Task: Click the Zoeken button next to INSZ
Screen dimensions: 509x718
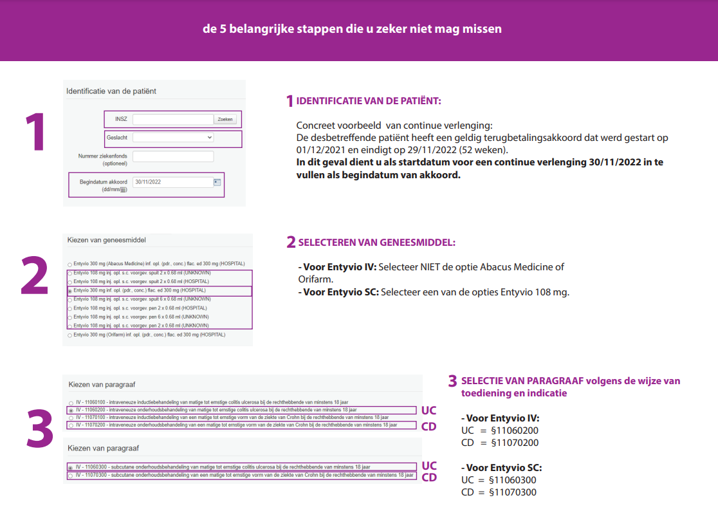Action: pos(225,119)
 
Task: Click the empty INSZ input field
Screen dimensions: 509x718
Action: pos(172,119)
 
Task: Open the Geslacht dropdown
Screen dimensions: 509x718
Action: pos(173,138)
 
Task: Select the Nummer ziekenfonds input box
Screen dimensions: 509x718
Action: pos(172,156)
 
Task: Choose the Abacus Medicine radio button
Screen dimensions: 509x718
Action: pos(70,264)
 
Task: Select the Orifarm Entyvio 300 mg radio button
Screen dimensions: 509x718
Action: pos(70,335)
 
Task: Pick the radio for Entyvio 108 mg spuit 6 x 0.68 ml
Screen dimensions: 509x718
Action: pos(70,300)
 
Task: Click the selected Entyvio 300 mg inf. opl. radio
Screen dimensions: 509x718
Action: pos(70,291)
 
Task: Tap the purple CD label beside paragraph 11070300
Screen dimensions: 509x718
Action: pos(428,477)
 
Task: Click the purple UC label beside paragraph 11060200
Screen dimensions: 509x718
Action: pos(428,411)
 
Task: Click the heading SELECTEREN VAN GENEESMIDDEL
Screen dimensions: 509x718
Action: pos(376,243)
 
